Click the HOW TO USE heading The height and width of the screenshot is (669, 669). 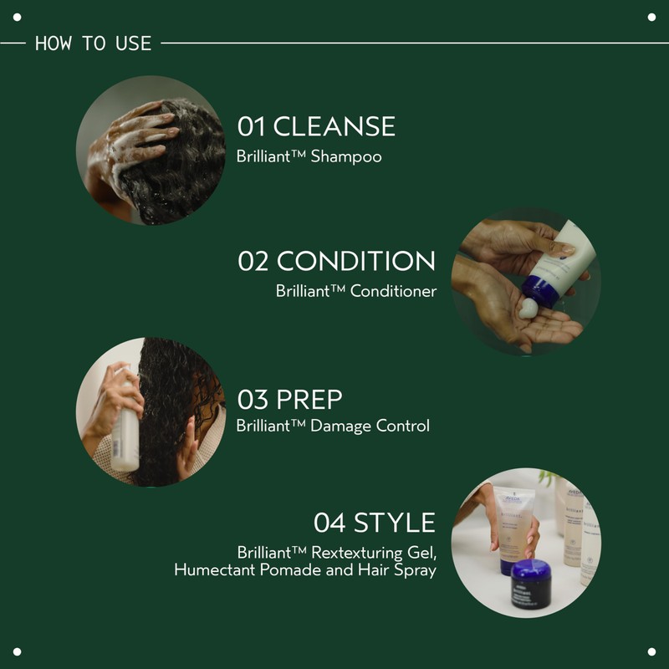point(93,43)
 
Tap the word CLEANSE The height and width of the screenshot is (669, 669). point(334,126)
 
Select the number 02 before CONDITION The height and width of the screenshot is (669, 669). point(253,261)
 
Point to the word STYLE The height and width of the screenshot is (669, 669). point(395,523)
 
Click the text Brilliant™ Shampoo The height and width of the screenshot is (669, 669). point(309,156)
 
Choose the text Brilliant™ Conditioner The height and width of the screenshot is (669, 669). point(355,291)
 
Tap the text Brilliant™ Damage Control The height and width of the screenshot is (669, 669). point(333,426)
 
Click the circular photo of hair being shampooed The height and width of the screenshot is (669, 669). point(151,150)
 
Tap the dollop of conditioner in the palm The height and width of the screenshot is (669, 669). point(529,309)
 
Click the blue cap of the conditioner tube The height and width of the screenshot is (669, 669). point(541,289)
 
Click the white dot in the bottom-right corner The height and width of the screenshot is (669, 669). point(651,651)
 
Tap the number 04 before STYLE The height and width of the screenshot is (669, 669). point(329,523)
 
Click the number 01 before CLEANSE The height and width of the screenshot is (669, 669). point(251,126)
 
